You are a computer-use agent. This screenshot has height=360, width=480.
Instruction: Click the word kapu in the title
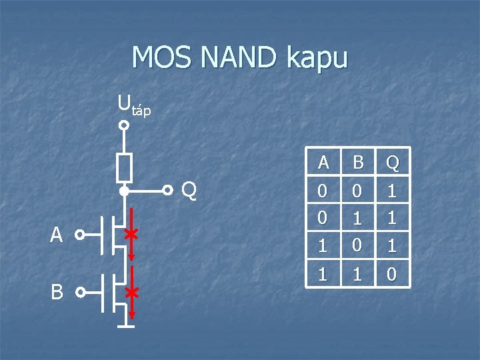click(317, 59)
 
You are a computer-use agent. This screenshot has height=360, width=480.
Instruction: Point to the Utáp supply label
click(134, 105)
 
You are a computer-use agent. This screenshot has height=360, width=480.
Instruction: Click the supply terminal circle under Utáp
click(124, 125)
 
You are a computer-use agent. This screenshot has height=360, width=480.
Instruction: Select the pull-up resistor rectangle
click(124, 167)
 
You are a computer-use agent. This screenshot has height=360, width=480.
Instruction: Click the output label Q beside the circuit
click(189, 191)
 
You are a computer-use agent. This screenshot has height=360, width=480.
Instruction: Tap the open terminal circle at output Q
click(169, 191)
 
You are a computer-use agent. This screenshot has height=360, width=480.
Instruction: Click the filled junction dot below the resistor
click(124, 191)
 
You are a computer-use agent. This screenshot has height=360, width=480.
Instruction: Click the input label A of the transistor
click(57, 235)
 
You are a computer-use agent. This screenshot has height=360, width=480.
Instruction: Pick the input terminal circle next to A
click(79, 235)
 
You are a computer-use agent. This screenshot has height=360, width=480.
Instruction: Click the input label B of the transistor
click(57, 292)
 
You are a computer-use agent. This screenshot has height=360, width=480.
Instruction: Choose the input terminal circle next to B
click(79, 292)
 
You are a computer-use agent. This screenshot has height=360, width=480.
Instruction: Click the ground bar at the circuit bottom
click(124, 327)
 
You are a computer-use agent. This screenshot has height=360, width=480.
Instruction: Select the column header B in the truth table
click(357, 162)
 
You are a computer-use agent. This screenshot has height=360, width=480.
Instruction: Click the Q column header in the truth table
click(392, 162)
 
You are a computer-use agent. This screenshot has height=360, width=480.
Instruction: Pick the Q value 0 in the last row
click(392, 273)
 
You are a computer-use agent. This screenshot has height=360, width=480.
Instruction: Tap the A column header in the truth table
click(323, 162)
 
